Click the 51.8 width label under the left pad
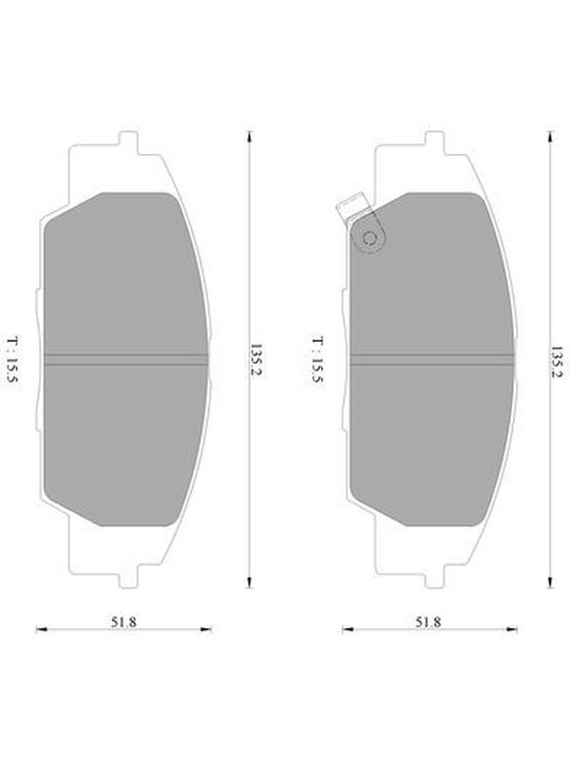point(123,622)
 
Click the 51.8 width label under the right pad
point(428,622)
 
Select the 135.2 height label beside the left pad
point(256,362)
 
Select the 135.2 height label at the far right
point(557,362)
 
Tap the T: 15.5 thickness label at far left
point(12,360)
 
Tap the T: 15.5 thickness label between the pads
point(317,360)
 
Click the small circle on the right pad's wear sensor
point(370,237)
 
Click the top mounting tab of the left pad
point(128,142)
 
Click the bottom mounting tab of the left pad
point(128,577)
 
